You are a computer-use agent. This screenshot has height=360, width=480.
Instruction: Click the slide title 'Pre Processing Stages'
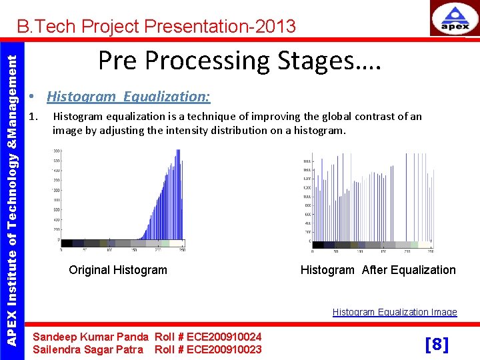239,61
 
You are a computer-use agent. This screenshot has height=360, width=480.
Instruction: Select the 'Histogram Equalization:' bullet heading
128,97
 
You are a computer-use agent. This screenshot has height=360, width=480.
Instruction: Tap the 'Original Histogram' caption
118,270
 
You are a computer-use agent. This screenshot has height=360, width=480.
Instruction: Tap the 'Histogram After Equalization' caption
378,270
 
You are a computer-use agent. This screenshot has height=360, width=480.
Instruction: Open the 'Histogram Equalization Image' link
395,312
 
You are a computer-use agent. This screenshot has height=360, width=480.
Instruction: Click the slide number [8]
437,345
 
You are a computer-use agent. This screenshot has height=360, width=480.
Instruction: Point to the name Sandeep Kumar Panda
91,337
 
